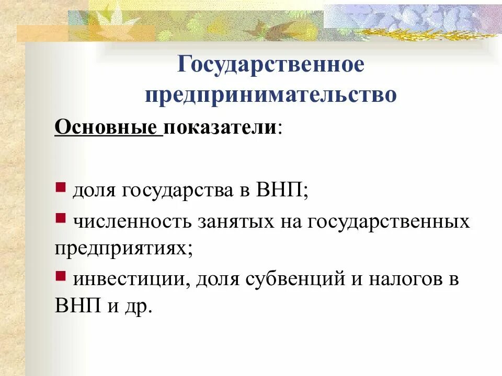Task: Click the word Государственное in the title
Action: coord(270,66)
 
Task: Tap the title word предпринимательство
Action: coord(270,95)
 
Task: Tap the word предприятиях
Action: coord(120,248)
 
